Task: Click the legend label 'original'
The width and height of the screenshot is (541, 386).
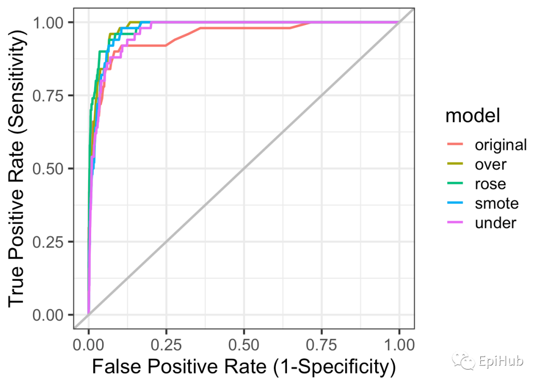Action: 500,145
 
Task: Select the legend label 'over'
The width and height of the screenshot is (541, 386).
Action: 490,164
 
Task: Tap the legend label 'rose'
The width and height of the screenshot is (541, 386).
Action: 490,184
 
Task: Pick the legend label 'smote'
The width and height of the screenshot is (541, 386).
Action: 496,204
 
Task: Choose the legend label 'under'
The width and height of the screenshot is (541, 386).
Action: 495,223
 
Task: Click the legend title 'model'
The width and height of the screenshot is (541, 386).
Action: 473,116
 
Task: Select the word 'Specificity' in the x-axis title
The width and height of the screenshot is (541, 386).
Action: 340,367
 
